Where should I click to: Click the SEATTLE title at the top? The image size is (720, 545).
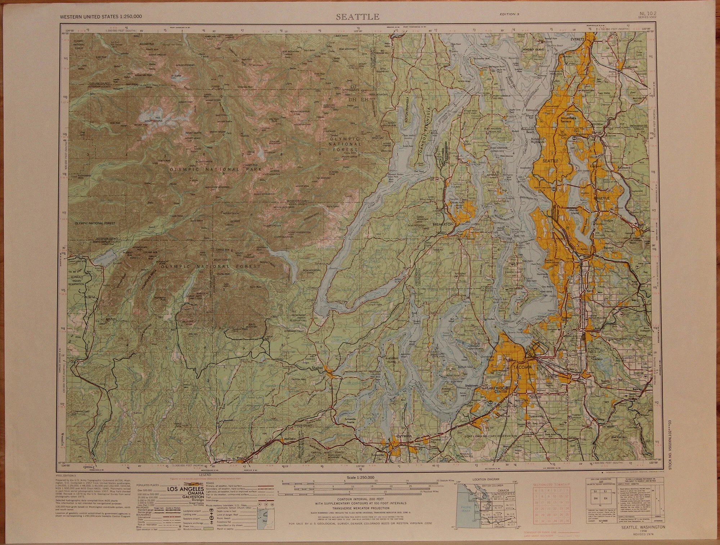357,17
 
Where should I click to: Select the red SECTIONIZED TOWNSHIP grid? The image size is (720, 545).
551,504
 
